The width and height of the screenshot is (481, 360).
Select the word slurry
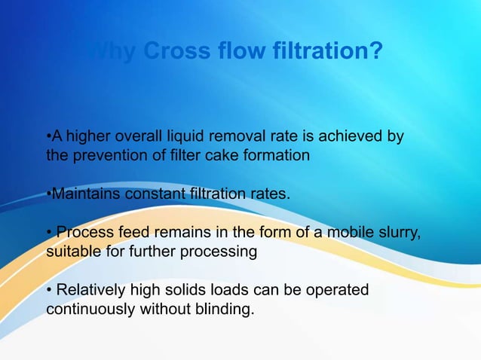[397, 233]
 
